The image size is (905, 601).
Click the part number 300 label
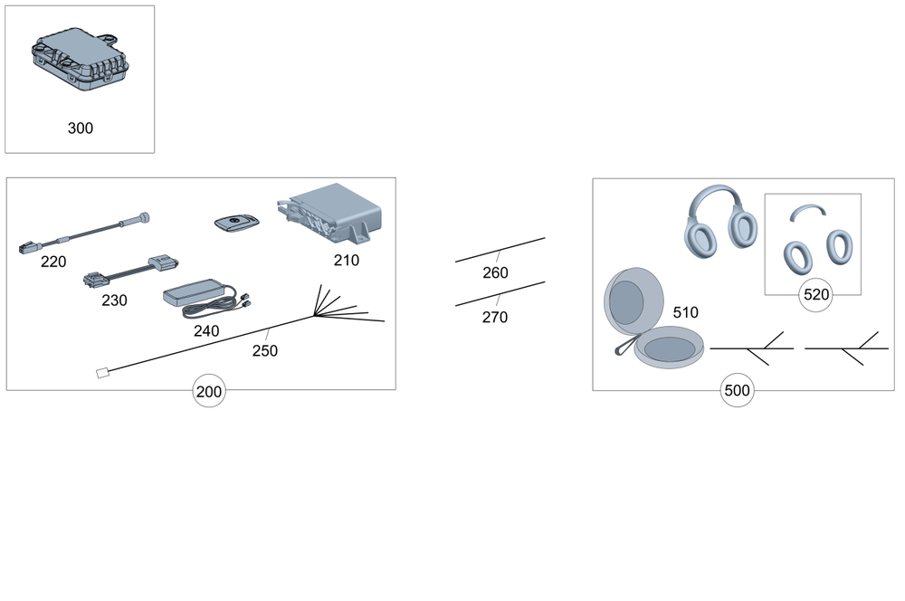click(81, 129)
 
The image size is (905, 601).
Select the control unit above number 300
click(81, 59)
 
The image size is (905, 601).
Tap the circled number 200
click(209, 391)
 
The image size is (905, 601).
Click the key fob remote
click(236, 223)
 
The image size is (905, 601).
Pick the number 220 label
click(53, 262)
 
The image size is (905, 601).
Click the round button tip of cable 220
click(143, 218)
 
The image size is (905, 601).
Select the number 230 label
click(114, 300)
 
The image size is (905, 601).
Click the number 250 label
click(265, 351)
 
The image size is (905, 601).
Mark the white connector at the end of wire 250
click(102, 374)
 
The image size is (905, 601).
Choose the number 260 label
click(495, 273)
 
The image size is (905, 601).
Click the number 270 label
click(495, 318)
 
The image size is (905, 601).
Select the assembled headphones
click(721, 221)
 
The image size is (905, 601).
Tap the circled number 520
click(816, 295)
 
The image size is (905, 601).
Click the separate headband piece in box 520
click(807, 210)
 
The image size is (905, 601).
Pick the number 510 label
click(686, 313)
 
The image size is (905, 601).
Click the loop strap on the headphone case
click(626, 345)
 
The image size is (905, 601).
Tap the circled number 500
click(737, 391)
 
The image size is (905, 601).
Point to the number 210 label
click(347, 261)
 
